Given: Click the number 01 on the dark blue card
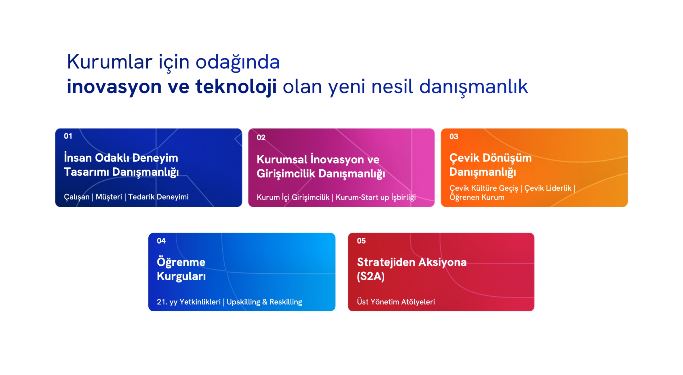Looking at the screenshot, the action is coord(68,136).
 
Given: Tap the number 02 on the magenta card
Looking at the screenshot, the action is coord(261,138).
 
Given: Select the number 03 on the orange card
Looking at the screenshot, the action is coord(454,136).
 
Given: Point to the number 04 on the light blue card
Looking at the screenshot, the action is coord(161,241).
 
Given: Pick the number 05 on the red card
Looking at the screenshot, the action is coord(361,241).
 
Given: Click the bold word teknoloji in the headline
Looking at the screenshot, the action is coord(236,86).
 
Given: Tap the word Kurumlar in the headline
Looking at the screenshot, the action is coord(110,61).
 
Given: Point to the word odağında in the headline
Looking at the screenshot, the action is coord(238,62).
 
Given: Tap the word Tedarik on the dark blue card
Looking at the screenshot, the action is coord(141,197).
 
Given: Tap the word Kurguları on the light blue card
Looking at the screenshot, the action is coord(181,276).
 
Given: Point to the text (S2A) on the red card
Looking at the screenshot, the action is coord(371,276).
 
